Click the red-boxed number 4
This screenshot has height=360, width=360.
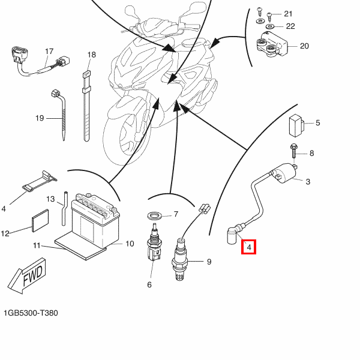click(x=249, y=246)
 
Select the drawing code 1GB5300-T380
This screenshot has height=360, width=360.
click(x=31, y=313)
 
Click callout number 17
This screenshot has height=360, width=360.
click(x=49, y=51)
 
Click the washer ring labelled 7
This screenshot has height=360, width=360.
click(x=155, y=215)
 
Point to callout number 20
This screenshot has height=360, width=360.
click(x=304, y=46)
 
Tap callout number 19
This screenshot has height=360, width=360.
click(x=40, y=118)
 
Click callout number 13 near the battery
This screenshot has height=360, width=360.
click(x=51, y=199)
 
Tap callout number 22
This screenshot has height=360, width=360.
click(x=290, y=26)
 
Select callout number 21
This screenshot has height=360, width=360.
click(x=288, y=14)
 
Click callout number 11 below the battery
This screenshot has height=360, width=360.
click(x=36, y=245)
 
